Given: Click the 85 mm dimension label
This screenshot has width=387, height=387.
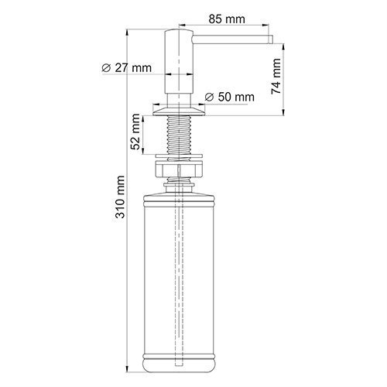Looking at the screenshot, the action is point(227,19).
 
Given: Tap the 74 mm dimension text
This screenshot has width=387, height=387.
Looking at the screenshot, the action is point(276,77).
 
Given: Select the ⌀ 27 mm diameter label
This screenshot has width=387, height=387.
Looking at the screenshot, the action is point(126,68).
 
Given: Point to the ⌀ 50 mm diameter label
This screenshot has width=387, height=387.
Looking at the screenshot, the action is point(229,97).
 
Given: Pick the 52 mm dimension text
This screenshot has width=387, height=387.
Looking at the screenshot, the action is point(135,132).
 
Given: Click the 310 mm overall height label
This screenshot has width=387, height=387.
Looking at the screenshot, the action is point(120,197).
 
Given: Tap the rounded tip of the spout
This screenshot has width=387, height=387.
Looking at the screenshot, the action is point(271,39).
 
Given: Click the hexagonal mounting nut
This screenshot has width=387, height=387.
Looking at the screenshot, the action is point(179,169).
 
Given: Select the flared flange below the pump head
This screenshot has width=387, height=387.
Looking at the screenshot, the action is point(179,111).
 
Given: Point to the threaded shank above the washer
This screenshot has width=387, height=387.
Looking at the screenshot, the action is point(179,135).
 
